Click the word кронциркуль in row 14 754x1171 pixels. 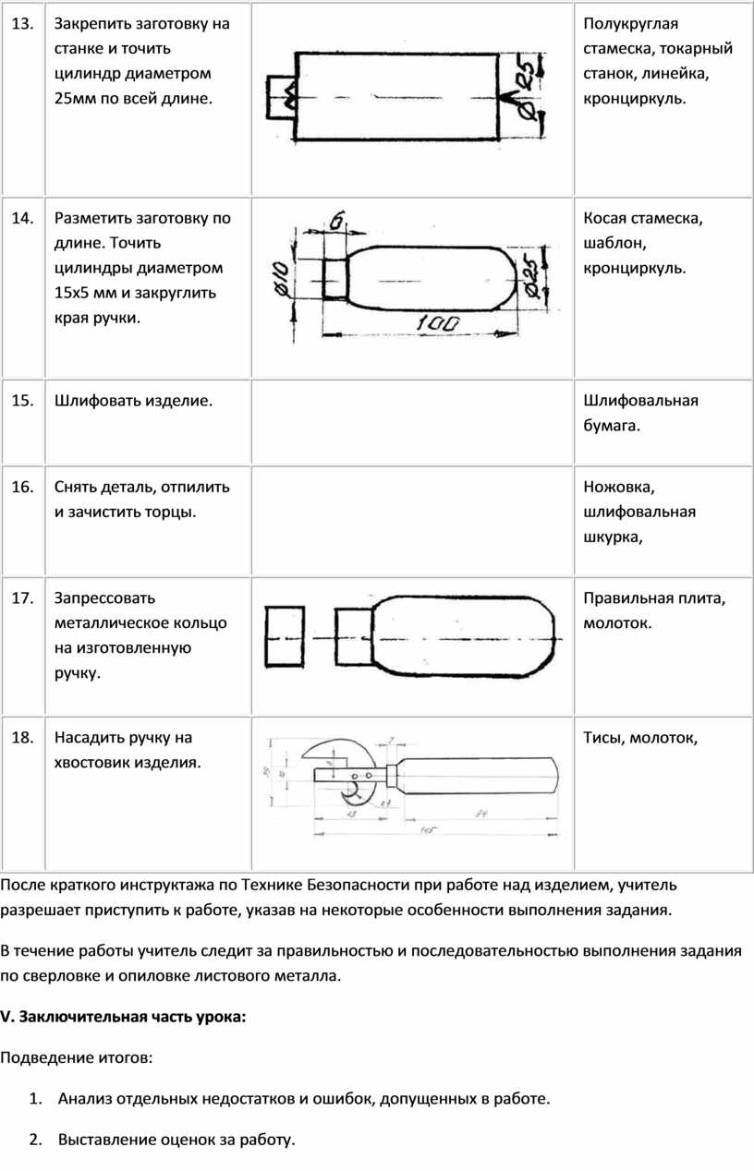tap(634, 269)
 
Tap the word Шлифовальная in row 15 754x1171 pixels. tap(640, 400)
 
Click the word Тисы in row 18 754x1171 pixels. tap(602, 738)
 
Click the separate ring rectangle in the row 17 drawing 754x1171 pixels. tap(285, 637)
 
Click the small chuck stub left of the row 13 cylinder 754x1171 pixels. tap(279, 95)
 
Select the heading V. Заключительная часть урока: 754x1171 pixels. tap(124, 1017)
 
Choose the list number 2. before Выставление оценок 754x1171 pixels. tap(35, 1140)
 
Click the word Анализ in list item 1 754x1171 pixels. tap(85, 1099)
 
